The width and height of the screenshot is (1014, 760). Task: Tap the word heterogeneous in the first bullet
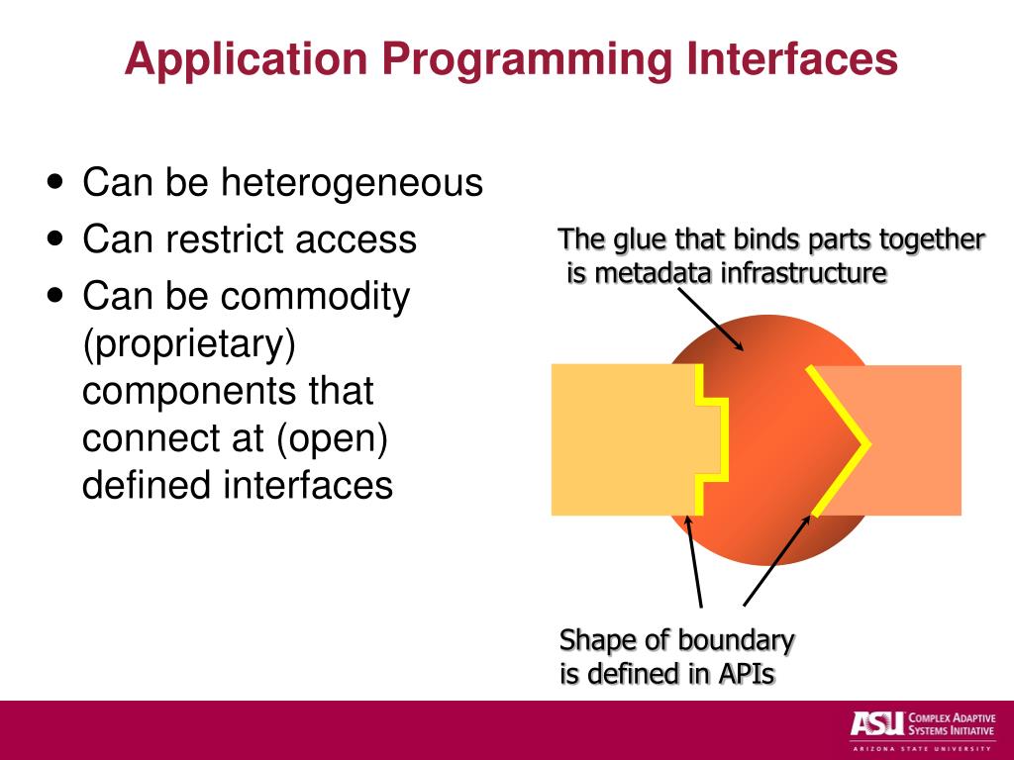pos(351,183)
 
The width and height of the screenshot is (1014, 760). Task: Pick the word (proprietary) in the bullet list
pos(189,344)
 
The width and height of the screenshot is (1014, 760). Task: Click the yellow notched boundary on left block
pos(710,439)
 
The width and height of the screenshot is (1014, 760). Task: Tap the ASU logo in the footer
pos(875,723)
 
